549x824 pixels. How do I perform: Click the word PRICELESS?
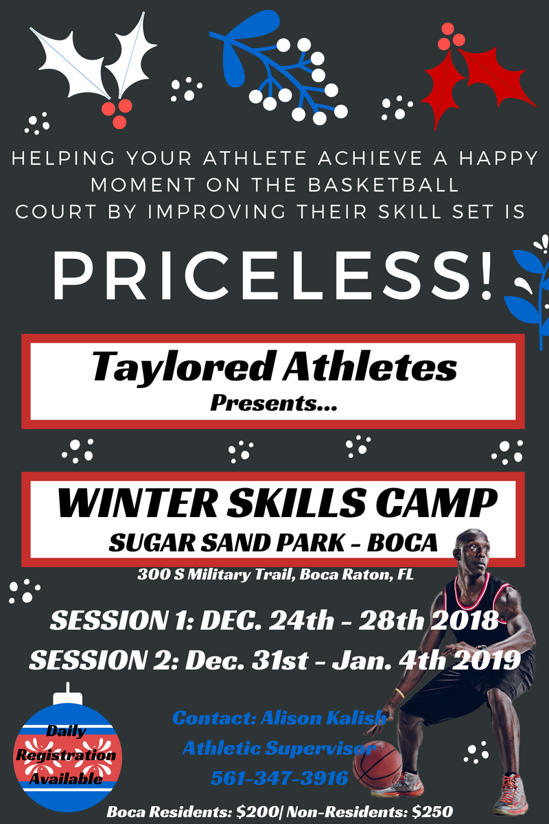272,275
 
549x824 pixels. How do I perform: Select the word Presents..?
274,404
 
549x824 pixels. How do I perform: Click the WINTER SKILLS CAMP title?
278,503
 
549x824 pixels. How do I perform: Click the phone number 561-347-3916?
279,777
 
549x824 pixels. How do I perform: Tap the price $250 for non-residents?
432,812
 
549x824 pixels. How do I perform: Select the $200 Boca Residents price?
257,812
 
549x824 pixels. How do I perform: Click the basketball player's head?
474,551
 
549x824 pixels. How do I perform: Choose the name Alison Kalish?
324,718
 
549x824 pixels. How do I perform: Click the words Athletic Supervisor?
279,748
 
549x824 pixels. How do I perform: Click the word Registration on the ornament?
66,755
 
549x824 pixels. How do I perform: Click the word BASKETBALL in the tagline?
384,185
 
